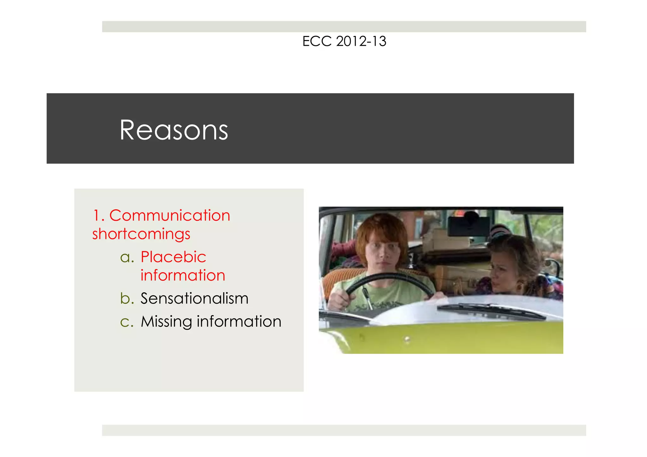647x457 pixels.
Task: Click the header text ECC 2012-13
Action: (344, 41)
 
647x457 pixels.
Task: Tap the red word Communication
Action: (170, 216)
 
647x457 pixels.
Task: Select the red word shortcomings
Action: (141, 234)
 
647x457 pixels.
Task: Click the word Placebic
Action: (173, 257)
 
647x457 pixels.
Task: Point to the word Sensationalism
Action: (194, 298)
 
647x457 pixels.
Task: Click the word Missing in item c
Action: (166, 322)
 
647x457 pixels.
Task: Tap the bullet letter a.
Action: (127, 257)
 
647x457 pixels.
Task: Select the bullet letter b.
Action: (127, 298)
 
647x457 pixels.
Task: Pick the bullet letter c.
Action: (127, 322)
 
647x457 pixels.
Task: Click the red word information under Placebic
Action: (183, 275)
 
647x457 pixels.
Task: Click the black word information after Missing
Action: (239, 322)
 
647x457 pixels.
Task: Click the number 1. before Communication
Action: (99, 216)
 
